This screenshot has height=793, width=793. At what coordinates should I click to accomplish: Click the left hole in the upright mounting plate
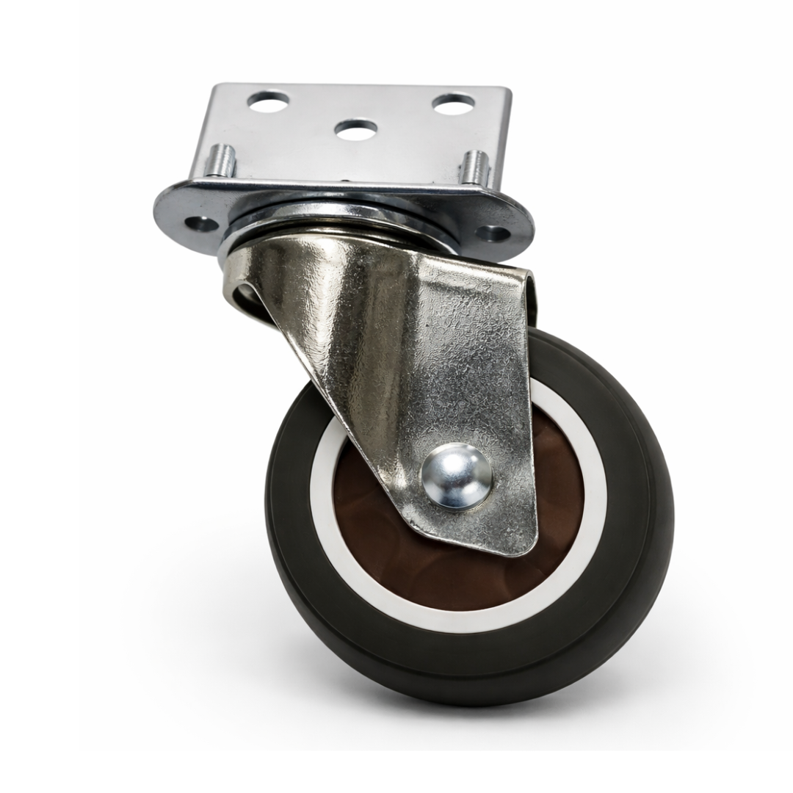[x=268, y=101]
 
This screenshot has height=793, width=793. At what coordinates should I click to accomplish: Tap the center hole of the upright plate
[x=356, y=129]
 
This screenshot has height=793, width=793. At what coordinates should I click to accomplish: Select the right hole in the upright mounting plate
[x=453, y=104]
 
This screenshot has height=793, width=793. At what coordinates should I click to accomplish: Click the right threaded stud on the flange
[x=474, y=167]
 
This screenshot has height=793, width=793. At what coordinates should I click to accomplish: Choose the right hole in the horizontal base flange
[x=493, y=234]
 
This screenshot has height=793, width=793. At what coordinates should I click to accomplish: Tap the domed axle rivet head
[x=456, y=476]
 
